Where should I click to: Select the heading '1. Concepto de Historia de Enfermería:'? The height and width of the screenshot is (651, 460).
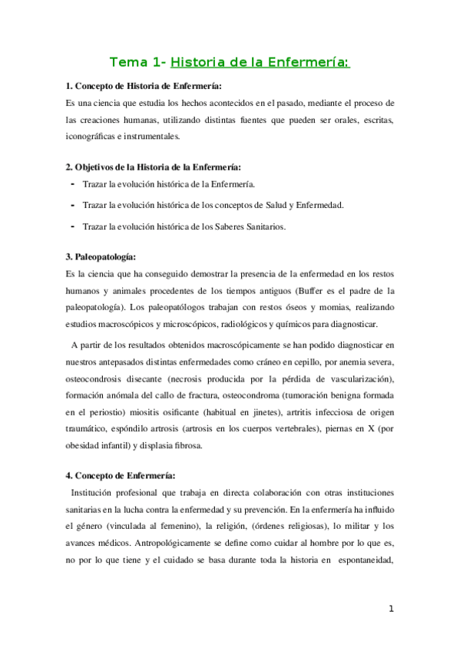pos(144,86)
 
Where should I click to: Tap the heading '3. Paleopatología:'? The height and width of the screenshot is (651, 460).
pos(101,257)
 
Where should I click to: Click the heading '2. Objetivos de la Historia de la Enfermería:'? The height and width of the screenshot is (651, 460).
pos(153,167)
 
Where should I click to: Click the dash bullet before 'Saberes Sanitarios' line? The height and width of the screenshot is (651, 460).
pos(72,226)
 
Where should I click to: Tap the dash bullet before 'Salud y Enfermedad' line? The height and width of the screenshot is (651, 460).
pos(72,205)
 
